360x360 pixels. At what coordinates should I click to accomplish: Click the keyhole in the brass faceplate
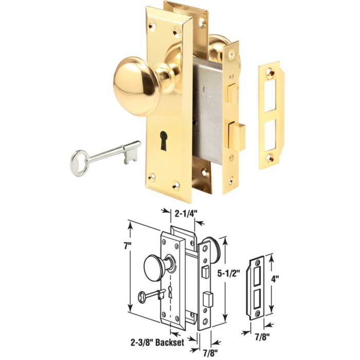163,141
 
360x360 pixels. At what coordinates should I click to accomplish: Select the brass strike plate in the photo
272,115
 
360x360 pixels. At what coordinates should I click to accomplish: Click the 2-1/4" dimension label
183,214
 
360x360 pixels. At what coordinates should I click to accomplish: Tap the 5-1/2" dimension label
229,274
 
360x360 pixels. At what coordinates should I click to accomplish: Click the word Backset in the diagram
170,343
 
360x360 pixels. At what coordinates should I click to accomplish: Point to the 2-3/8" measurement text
141,343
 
